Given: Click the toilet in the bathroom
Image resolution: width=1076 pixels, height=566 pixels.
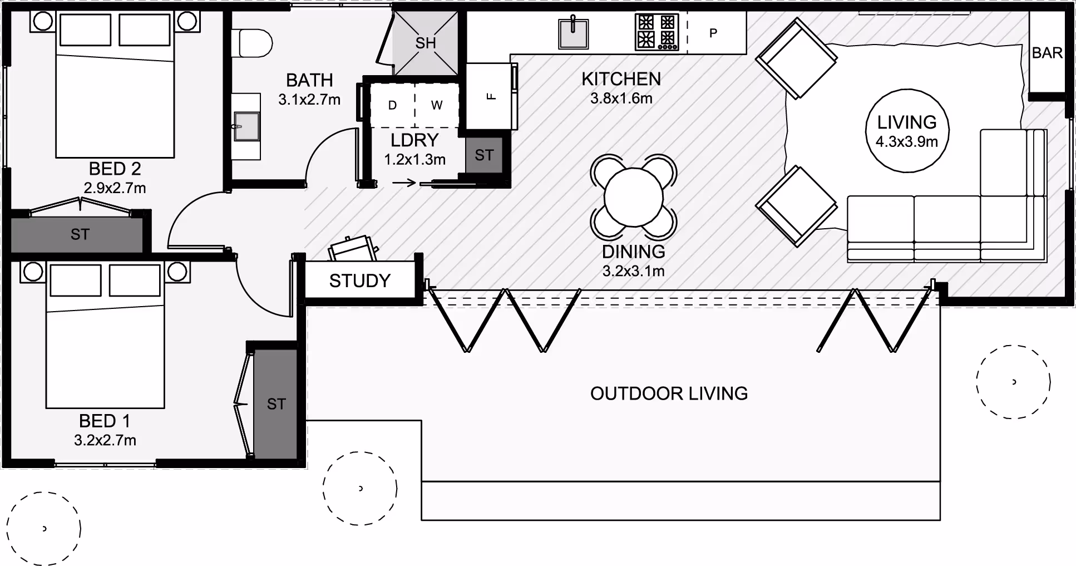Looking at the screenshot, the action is pos(251,43).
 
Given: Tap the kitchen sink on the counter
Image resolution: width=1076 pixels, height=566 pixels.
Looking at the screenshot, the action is pos(573,33).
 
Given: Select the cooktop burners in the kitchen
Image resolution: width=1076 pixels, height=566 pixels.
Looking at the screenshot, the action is pos(657,32).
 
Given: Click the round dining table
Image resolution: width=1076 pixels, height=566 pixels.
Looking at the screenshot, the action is pos(634,196).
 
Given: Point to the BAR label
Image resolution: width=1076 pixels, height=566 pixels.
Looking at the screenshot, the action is pos(1047,53).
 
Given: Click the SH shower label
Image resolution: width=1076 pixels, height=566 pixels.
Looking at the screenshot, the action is pos(426,43).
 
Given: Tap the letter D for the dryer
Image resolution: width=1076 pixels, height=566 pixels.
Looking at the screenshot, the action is pos(392,105).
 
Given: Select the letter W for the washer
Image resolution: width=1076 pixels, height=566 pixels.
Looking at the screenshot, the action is pos(437,105).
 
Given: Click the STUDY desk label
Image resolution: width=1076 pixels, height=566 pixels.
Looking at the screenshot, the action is pos(360,280).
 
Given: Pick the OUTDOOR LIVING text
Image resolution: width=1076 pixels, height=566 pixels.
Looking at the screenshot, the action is pos(669,393).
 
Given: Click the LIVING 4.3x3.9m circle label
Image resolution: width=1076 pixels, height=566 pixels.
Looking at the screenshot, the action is pos(907,131).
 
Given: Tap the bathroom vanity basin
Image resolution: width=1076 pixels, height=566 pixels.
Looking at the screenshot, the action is pos(246,126).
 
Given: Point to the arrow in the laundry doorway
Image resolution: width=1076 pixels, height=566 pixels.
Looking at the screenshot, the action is pos(404,183).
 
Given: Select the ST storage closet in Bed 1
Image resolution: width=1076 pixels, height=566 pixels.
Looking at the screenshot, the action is pos(275,404).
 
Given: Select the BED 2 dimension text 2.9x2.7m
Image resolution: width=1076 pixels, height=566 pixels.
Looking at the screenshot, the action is pos(115,188).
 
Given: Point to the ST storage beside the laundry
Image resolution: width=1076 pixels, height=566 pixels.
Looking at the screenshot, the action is pos(484,155).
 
